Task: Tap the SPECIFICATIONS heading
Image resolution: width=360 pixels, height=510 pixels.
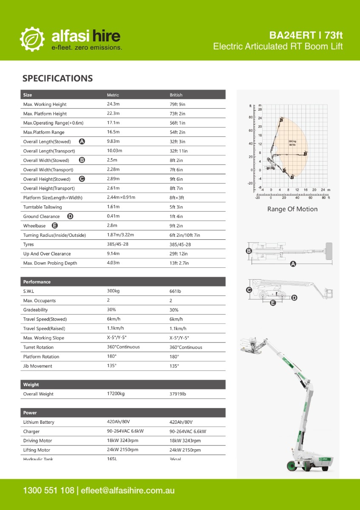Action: click(57, 78)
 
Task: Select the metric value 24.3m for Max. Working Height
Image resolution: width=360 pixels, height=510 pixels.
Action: click(113, 104)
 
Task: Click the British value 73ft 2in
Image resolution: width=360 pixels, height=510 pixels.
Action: click(177, 113)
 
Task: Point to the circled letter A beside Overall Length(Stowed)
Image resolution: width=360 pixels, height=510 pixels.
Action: click(82, 142)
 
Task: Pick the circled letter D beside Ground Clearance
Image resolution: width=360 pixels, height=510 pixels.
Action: click(70, 216)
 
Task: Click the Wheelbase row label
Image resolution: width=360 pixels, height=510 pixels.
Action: click(34, 226)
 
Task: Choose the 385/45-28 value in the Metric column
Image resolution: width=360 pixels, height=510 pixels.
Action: click(118, 244)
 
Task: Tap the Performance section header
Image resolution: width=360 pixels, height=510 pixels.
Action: click(37, 282)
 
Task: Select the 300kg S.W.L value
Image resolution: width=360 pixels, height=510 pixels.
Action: click(113, 291)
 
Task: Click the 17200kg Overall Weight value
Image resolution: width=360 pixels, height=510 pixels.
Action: click(116, 394)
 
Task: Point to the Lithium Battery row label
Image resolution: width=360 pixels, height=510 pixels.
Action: click(39, 422)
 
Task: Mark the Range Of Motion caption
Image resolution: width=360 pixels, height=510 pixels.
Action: click(292, 209)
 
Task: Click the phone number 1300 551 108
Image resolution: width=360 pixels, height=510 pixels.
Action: click(49, 490)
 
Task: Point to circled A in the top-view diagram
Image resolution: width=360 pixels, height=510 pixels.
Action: click(292, 264)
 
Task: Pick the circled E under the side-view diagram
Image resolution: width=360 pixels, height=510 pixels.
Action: click(273, 303)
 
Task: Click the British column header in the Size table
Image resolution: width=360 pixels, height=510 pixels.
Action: click(176, 95)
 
